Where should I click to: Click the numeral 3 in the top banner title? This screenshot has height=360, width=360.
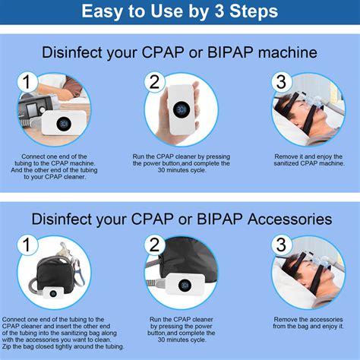pyautogui.click(x=219, y=11)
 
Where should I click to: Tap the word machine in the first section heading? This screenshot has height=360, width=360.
pyautogui.click(x=287, y=52)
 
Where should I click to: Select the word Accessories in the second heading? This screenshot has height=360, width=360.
pyautogui.click(x=289, y=219)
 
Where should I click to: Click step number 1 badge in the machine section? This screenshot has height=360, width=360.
pyautogui.click(x=27, y=82)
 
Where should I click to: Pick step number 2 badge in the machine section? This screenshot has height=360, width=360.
pyautogui.click(x=154, y=82)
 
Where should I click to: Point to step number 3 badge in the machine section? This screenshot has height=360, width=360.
pyautogui.click(x=281, y=82)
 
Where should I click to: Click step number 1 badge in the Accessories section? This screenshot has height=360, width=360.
pyautogui.click(x=27, y=245)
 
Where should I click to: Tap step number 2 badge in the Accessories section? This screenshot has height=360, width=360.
pyautogui.click(x=154, y=245)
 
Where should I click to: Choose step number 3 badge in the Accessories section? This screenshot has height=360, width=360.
pyautogui.click(x=281, y=245)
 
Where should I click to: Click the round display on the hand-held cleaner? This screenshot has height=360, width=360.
pyautogui.click(x=182, y=109)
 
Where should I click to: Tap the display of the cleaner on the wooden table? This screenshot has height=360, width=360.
pyautogui.click(x=63, y=125)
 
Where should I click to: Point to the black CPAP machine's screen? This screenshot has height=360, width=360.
pyautogui.click(x=32, y=110)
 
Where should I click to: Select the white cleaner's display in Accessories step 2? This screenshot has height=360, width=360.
pyautogui.click(x=185, y=286)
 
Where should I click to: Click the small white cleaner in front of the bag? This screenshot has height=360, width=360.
pyautogui.click(x=53, y=293)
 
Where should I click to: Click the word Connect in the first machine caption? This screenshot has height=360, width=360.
pyautogui.click(x=31, y=156)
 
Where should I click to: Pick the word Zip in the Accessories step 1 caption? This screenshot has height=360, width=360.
pyautogui.click(x=6, y=346)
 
